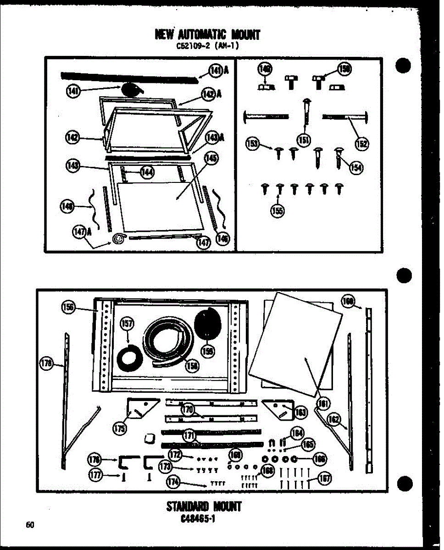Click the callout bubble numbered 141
pyautogui.click(x=73, y=92)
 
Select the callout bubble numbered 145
pyautogui.click(x=211, y=158)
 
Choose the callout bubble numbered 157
pyautogui.click(x=127, y=324)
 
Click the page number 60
pyautogui.click(x=30, y=525)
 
